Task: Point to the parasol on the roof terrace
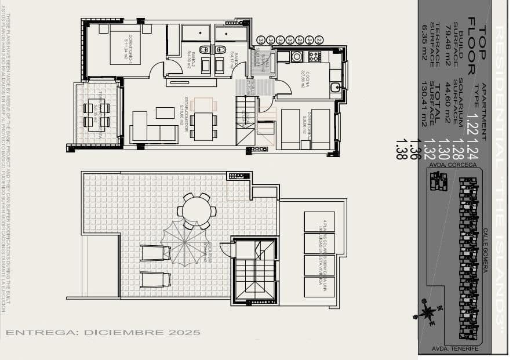[185, 243]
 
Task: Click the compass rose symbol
[428, 312]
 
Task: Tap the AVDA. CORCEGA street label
[453, 165]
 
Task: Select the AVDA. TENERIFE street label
[456, 348]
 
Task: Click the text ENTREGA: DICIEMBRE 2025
[103, 333]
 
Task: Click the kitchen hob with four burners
[314, 56]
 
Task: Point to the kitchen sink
[336, 88]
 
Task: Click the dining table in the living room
[202, 126]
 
